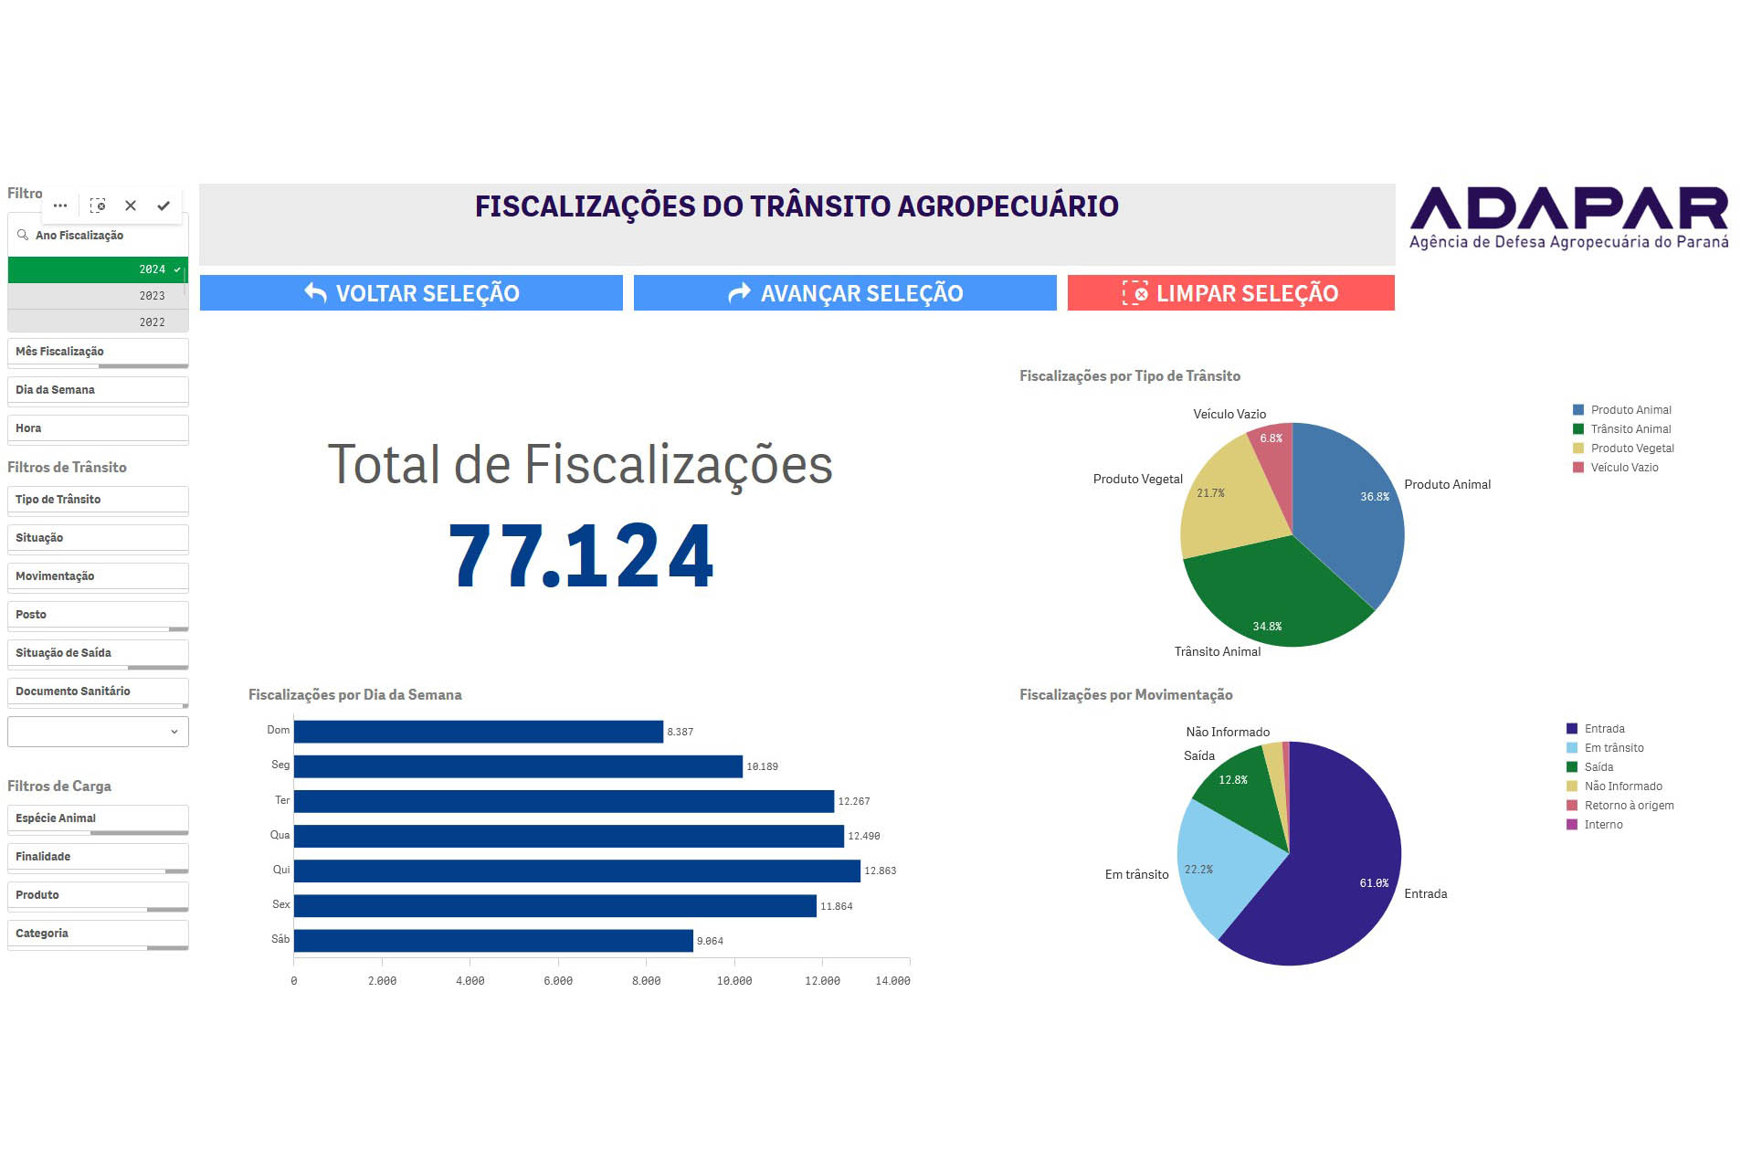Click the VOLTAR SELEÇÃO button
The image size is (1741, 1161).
pyautogui.click(x=411, y=293)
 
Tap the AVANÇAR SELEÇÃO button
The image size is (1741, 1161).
pyautogui.click(x=844, y=293)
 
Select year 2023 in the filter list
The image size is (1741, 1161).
pyautogui.click(x=98, y=296)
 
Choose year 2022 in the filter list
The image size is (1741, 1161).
pyautogui.click(x=98, y=322)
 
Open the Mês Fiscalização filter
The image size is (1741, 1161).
pyautogui.click(x=98, y=352)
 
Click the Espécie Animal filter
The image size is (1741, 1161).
pyautogui.click(x=98, y=818)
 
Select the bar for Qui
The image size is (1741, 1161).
pyautogui.click(x=575, y=871)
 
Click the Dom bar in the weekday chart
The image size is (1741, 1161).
pyautogui.click(x=478, y=732)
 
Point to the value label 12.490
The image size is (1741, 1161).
pyautogui.click(x=863, y=836)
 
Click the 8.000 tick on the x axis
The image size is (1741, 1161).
pyautogui.click(x=646, y=981)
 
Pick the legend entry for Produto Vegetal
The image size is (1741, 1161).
pyautogui.click(x=1631, y=449)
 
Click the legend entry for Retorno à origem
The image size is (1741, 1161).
pyautogui.click(x=1629, y=806)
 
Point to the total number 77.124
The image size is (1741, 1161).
pyautogui.click(x=581, y=555)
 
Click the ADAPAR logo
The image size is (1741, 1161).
pyautogui.click(x=1568, y=217)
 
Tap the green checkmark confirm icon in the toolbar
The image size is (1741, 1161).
pyautogui.click(x=164, y=206)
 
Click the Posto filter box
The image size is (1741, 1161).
pyautogui.click(x=98, y=615)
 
